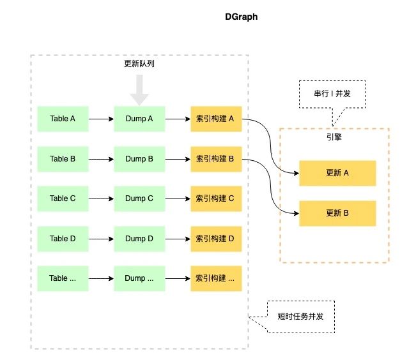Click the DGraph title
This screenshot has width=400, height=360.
click(241, 17)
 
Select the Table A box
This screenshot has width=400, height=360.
click(63, 119)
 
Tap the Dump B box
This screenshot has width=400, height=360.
click(139, 159)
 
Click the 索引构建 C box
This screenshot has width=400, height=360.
click(216, 199)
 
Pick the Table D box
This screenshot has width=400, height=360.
click(63, 239)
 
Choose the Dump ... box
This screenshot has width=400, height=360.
click(139, 278)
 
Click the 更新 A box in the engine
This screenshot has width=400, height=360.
click(337, 173)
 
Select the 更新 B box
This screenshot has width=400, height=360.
click(337, 213)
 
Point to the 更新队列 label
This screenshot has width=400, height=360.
click(139, 63)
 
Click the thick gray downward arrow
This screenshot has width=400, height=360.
click(139, 90)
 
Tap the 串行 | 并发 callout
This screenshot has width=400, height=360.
click(332, 94)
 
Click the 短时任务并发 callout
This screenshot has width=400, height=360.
click(300, 317)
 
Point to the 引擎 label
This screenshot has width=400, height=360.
click(334, 137)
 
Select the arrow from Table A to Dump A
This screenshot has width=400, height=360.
click(101, 119)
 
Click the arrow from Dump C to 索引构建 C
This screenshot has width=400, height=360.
click(178, 199)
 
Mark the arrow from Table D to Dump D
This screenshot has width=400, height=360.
click(101, 239)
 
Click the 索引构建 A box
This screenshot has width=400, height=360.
click(216, 119)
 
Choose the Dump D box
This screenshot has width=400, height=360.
click(139, 239)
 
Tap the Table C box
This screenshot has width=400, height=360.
click(63, 199)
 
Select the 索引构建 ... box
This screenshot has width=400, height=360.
click(216, 278)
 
